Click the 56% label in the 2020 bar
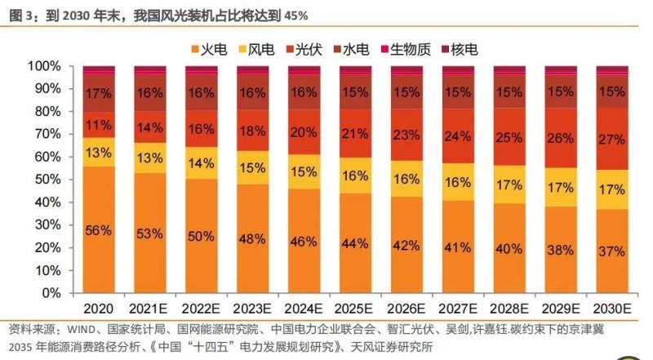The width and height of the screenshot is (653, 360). click(x=99, y=230)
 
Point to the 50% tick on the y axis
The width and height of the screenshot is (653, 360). click(x=46, y=179)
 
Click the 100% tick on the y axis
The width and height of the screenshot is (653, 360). click(x=42, y=65)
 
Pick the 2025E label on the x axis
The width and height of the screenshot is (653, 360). click(x=355, y=309)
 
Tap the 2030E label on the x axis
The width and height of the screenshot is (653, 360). click(x=612, y=309)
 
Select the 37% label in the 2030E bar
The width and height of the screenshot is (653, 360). click(x=612, y=251)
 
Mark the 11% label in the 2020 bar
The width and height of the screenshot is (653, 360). click(x=99, y=125)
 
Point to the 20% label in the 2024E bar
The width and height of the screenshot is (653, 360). click(x=304, y=133)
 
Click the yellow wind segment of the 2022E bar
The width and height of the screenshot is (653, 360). click(x=201, y=162)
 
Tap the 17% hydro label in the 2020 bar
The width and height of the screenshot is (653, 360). click(x=99, y=93)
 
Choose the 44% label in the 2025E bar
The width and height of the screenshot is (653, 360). click(x=355, y=244)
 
